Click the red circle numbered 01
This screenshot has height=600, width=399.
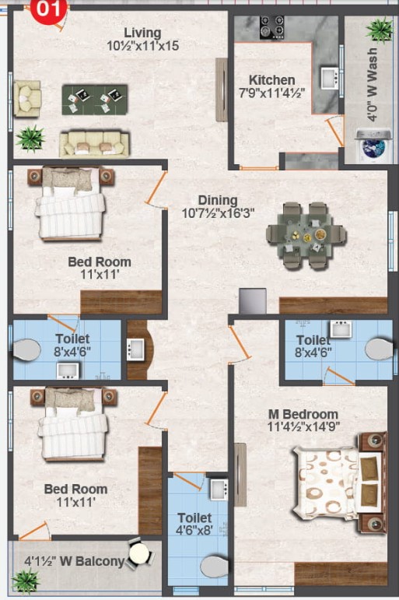[x=47, y=9]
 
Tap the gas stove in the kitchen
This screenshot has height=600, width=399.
[x=272, y=27]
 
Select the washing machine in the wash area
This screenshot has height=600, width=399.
[x=373, y=146]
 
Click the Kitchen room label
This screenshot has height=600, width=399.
[x=272, y=80]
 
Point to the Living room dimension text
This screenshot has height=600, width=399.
[x=142, y=46]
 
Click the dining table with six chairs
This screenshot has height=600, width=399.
[x=306, y=235]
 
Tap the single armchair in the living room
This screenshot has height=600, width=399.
[x=26, y=98]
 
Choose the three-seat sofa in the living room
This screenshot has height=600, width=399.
[x=94, y=144]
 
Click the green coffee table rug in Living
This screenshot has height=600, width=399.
[x=94, y=100]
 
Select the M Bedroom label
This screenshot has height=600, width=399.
[x=303, y=414]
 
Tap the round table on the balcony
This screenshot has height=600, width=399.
[x=139, y=554]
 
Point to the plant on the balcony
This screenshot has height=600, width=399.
[x=26, y=580]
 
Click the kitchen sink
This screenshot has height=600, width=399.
[x=329, y=78]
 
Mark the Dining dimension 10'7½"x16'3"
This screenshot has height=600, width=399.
[x=218, y=212]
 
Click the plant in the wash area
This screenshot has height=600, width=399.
[x=380, y=30]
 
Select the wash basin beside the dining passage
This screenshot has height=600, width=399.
[x=135, y=349]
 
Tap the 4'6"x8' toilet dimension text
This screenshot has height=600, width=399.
[x=194, y=530]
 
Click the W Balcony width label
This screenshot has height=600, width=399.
[x=75, y=561]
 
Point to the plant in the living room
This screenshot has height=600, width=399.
[x=30, y=139]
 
